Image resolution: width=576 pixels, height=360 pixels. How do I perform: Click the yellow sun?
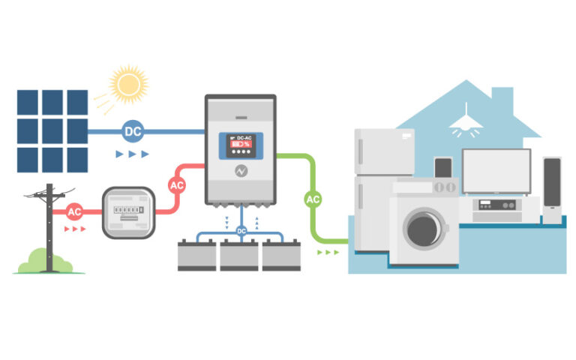click(128, 83)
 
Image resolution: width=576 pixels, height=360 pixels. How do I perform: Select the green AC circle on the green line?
click(313, 199)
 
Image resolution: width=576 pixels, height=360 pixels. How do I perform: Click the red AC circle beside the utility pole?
click(75, 211)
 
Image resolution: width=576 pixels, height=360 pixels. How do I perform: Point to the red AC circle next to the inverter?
click(177, 184)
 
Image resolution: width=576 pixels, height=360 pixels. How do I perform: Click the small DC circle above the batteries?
click(241, 231)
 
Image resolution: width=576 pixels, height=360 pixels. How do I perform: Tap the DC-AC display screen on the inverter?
click(241, 144)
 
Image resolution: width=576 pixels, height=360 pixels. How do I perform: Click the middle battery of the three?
click(240, 256)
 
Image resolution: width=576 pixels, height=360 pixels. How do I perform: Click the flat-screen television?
click(496, 172)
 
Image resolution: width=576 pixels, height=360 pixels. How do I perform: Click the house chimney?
click(502, 100)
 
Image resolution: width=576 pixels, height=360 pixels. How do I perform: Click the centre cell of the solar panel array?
click(52, 131)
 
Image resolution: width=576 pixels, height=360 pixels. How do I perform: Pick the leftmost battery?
click(196, 256)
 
